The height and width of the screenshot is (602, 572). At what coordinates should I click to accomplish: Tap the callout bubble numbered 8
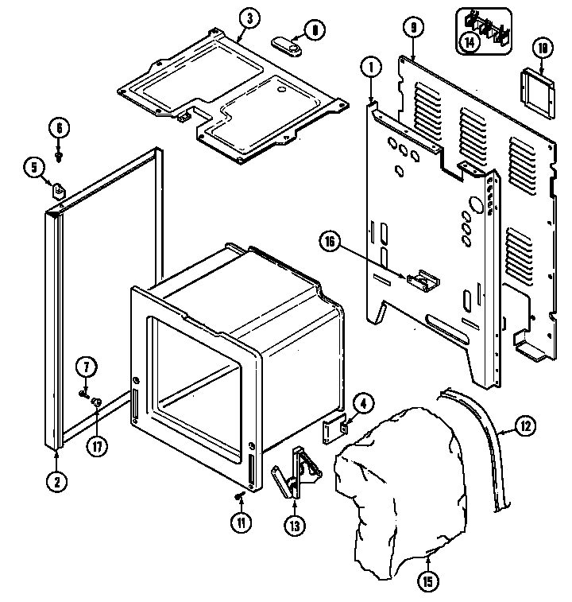coord(315,31)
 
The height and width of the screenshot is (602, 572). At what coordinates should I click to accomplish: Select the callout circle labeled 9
coord(412,27)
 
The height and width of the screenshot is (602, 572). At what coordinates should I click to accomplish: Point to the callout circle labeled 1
coord(370,68)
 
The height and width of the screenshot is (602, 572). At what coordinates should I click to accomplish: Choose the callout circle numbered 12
coord(525,426)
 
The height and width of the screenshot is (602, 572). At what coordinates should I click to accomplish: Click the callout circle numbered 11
coord(242,522)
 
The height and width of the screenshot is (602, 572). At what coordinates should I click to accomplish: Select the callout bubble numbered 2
coord(57,480)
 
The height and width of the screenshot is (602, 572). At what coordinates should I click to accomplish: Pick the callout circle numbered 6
coord(58,126)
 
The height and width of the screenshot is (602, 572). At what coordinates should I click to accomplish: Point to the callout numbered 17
coord(96,446)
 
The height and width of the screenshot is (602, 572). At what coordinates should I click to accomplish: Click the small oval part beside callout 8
coord(287,47)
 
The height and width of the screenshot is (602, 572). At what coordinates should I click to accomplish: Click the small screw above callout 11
coord(240,496)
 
